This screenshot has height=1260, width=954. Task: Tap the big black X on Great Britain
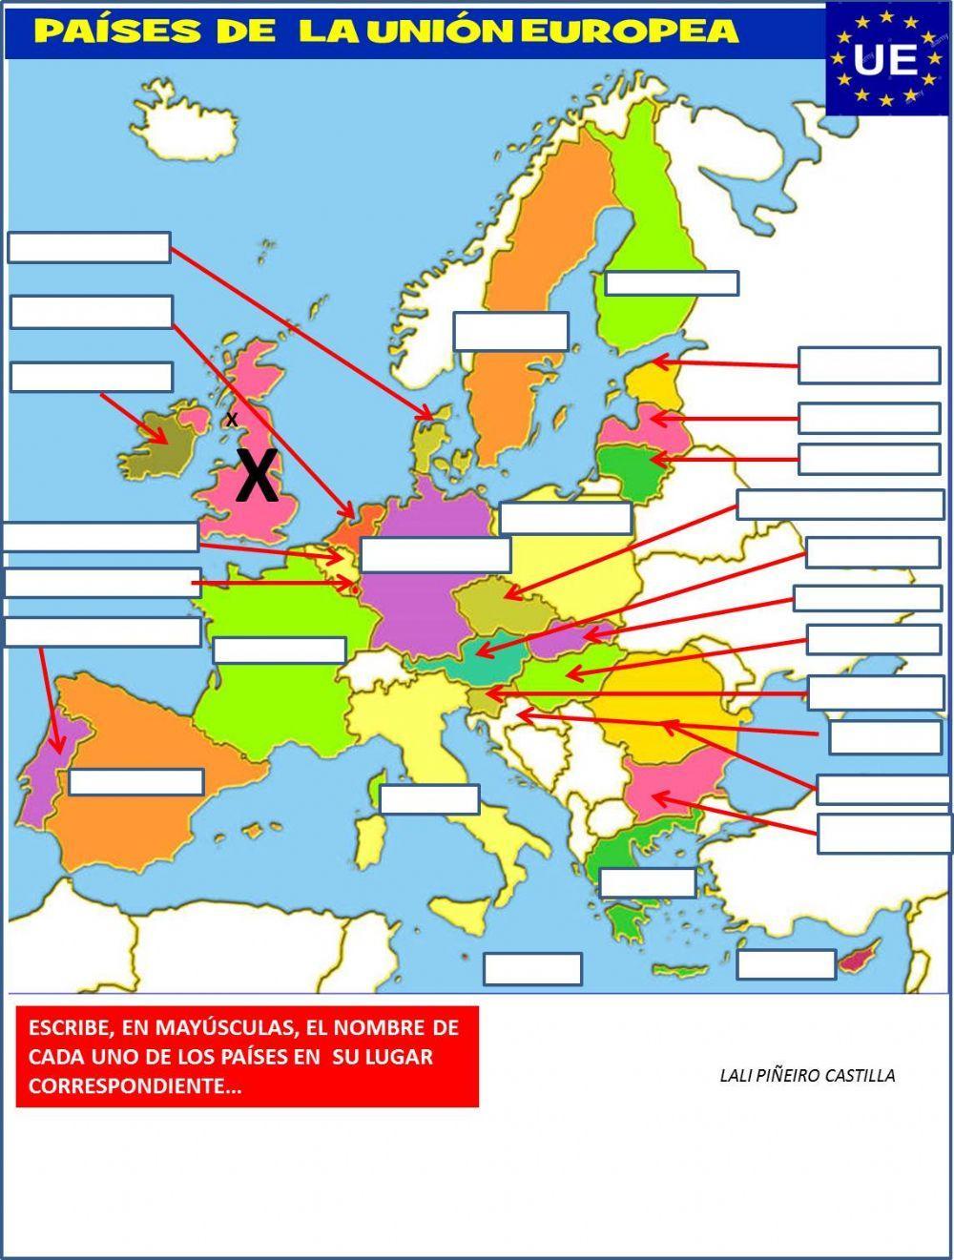[x=257, y=476]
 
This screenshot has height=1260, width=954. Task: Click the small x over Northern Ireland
[x=231, y=419]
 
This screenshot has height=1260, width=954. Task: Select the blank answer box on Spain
[x=135, y=781]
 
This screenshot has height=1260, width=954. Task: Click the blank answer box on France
[x=279, y=651]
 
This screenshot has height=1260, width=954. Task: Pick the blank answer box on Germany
[x=435, y=554]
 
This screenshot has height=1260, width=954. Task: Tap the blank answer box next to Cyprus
[x=786, y=963]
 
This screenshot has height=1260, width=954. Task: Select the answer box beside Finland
[x=672, y=283]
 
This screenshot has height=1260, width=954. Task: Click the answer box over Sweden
[x=510, y=331]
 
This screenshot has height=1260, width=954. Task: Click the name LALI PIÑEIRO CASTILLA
[x=807, y=1076]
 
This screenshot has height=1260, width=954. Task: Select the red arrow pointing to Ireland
[x=134, y=418]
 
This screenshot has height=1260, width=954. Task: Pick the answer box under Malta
[x=532, y=968]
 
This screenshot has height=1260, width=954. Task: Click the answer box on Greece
[x=647, y=882]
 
